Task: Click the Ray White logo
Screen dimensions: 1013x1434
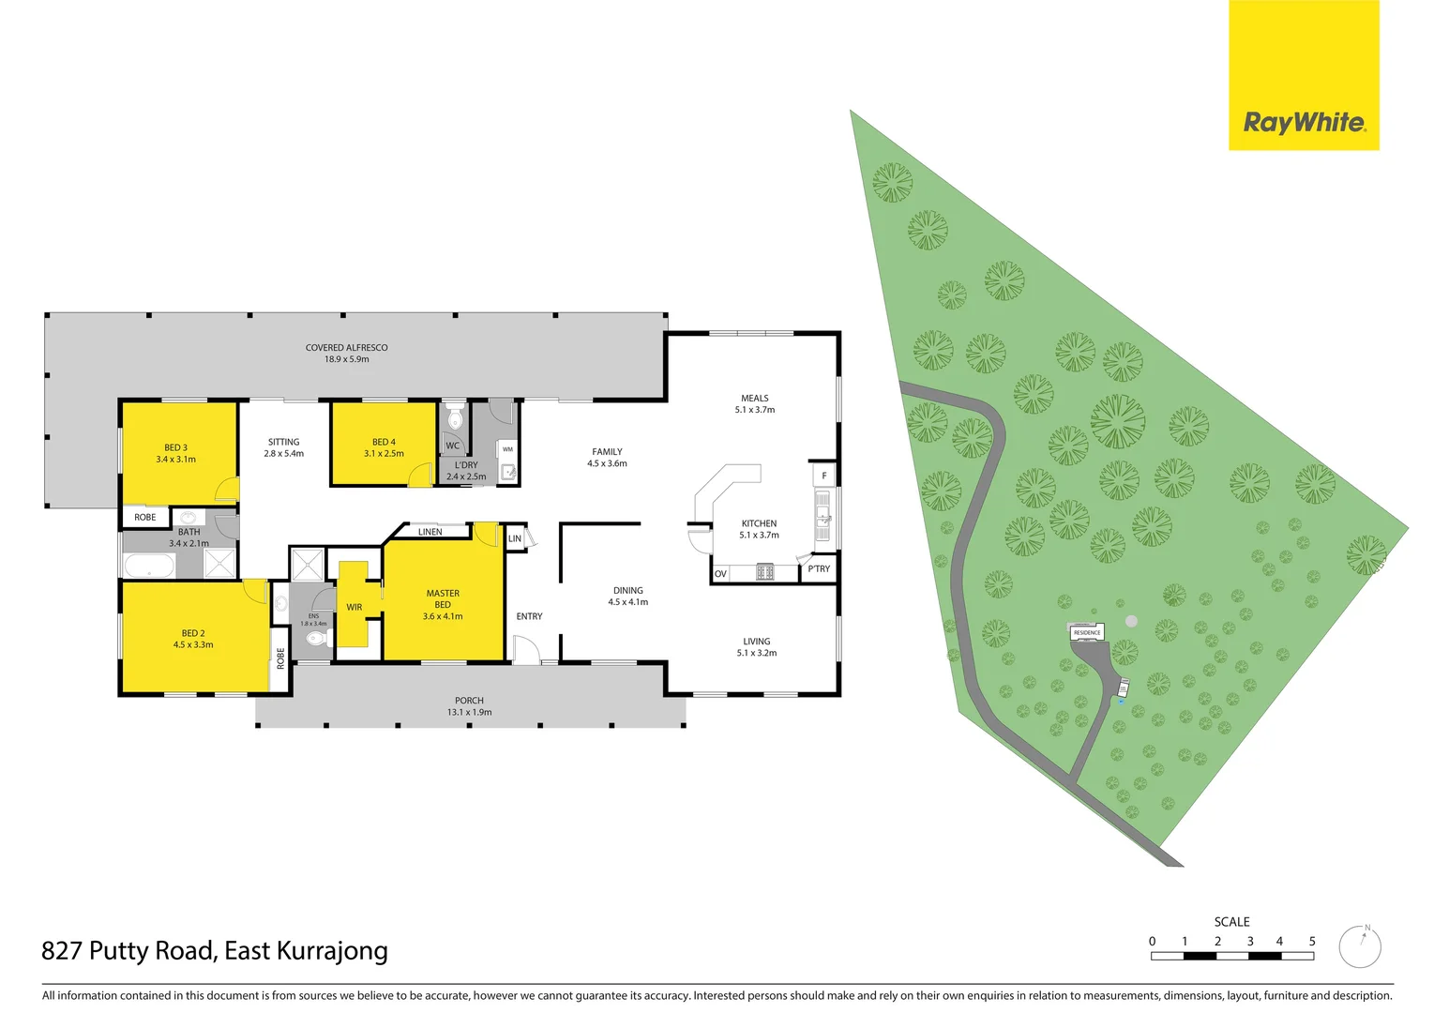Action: (x=1304, y=122)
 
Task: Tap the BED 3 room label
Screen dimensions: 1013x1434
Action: (x=175, y=447)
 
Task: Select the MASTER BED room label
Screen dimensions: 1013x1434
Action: (x=443, y=598)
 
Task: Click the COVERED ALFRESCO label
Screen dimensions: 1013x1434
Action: (x=346, y=348)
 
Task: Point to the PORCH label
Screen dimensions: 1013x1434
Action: (x=469, y=701)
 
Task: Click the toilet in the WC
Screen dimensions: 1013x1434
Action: (x=455, y=417)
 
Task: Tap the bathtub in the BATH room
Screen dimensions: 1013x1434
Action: (x=149, y=566)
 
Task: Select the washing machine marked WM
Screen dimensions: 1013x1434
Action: (x=507, y=449)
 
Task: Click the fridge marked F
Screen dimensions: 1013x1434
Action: (x=824, y=476)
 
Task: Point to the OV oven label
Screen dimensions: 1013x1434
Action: (x=720, y=573)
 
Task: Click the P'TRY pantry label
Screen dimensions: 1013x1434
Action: (x=819, y=569)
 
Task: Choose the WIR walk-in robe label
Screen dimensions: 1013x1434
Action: (x=354, y=608)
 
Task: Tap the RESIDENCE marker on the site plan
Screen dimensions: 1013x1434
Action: (x=1087, y=633)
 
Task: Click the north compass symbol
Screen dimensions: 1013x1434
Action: (x=1360, y=946)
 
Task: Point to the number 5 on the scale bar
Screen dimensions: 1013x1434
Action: (x=1311, y=941)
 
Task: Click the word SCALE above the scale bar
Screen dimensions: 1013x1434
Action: (x=1231, y=922)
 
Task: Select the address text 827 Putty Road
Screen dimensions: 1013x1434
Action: (x=128, y=951)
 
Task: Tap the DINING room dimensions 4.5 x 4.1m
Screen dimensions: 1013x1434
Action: (x=627, y=602)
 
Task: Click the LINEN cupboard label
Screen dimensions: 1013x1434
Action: (x=430, y=532)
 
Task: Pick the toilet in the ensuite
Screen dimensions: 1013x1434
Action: (x=315, y=640)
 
